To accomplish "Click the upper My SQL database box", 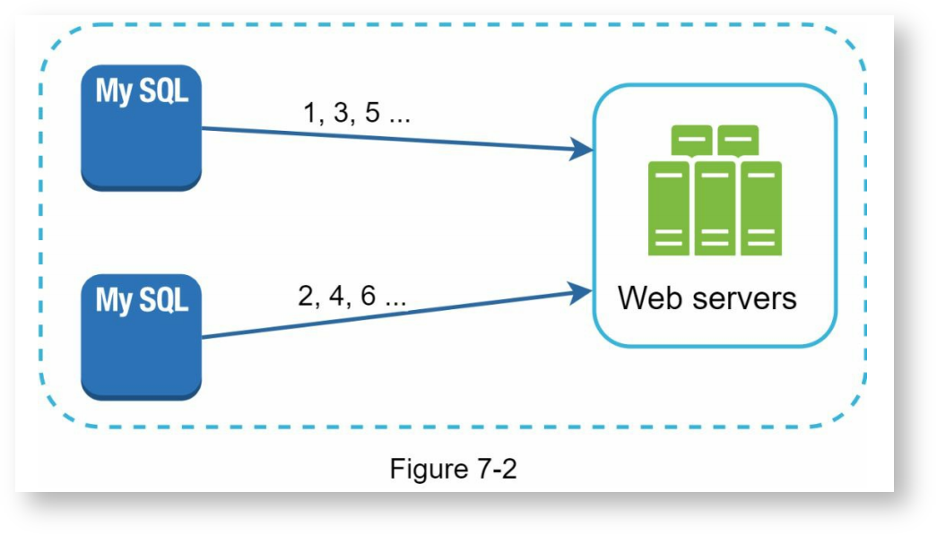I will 141,127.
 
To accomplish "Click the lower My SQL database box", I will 141,336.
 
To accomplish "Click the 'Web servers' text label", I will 707,298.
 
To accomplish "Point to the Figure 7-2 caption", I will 453,468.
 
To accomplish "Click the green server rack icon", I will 715,191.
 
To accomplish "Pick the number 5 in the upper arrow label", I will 373,115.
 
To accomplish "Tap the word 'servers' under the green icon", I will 742,298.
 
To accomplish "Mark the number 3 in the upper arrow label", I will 342,115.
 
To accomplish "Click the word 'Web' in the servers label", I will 647,298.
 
